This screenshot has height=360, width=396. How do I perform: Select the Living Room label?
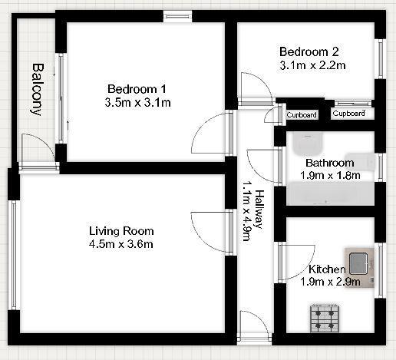click(x=120, y=231)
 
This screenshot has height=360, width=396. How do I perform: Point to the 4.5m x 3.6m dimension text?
click(x=120, y=245)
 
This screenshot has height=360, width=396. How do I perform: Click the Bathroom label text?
click(x=329, y=163)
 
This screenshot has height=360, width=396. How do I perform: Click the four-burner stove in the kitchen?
click(x=325, y=318)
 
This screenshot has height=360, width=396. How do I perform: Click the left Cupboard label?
click(x=301, y=115)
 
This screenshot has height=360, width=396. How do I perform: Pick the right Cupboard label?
click(x=348, y=114)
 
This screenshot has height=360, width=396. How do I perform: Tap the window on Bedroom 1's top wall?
click(x=177, y=15)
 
